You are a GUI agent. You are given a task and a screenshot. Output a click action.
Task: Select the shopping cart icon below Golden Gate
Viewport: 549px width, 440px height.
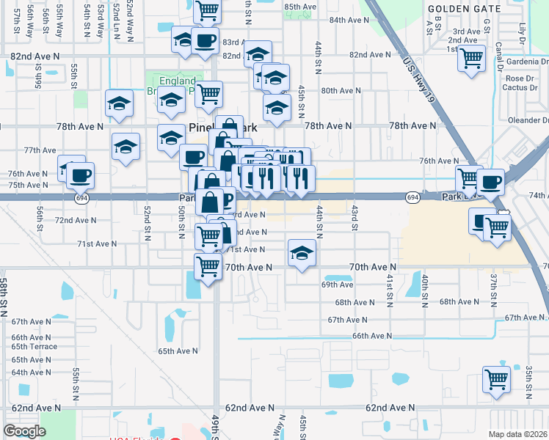[471, 58]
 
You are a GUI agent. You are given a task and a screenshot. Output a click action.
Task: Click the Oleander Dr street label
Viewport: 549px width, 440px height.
[526, 120]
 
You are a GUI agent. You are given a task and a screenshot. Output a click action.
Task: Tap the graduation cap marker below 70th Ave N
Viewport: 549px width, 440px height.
[302, 253]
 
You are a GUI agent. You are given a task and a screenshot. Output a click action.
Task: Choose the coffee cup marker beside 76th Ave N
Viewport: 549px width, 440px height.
[80, 175]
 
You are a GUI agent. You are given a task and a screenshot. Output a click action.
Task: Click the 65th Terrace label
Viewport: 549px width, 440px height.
[34, 347]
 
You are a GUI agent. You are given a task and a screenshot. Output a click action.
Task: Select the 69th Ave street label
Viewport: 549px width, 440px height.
[338, 285]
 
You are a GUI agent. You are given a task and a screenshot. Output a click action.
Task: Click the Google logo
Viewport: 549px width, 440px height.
[24, 431]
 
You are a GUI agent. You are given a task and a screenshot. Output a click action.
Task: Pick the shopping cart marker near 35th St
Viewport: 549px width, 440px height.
[497, 380]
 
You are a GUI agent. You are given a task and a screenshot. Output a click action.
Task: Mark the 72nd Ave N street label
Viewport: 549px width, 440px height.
[74, 220]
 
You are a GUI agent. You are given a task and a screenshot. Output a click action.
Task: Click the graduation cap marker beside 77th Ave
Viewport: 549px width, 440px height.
[126, 146]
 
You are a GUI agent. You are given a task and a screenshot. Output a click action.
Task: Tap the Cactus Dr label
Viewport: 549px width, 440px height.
[520, 87]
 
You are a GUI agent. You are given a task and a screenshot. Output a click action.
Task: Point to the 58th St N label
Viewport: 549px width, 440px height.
[4, 293]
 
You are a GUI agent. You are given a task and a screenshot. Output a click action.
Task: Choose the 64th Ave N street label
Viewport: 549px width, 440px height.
[31, 373]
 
